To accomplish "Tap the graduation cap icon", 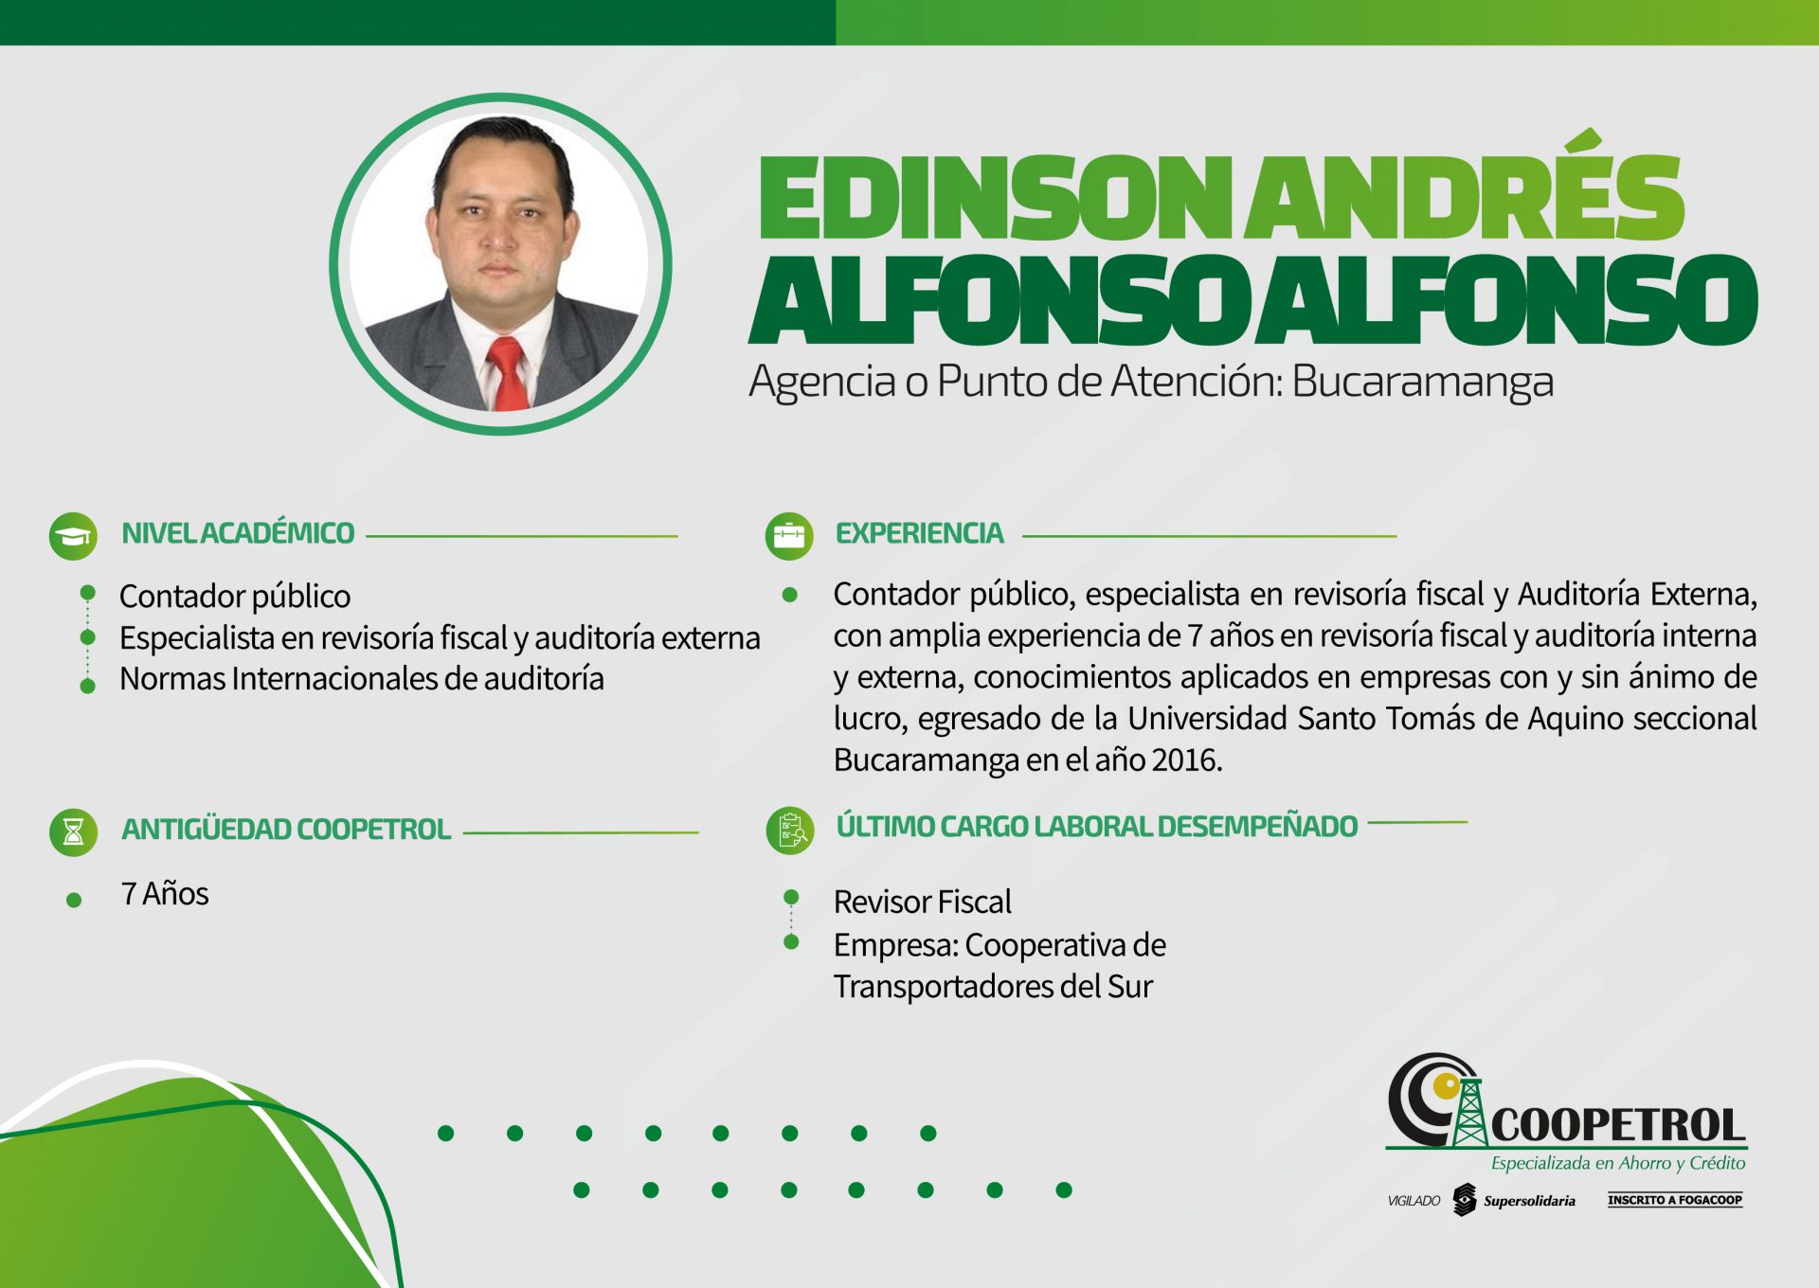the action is coord(73,536).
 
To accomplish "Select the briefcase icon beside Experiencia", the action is coord(789,536).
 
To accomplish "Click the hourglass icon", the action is coord(73,832).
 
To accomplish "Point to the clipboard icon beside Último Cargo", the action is coord(790,831).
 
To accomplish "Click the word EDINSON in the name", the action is coord(996,198).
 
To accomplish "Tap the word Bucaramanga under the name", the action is coord(1422,382).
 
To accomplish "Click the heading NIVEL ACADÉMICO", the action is coord(238,533).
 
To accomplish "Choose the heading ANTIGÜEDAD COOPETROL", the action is coord(286,830).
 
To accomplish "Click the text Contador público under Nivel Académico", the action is coord(235,597).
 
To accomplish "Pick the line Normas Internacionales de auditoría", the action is coord(362,679).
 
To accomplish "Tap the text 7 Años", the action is coord(165,894).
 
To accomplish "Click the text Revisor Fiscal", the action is coord(923,902).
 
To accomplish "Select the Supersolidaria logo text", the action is coord(1529,1201).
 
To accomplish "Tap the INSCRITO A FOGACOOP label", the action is coord(1675,1200).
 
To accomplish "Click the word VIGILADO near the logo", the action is coord(1414,1201).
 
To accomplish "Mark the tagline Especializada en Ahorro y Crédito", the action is coord(1618,1163).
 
